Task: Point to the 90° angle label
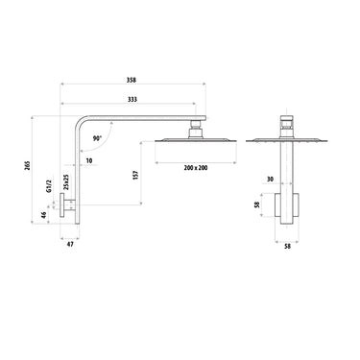(x=98, y=138)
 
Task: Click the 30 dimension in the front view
(x=272, y=179)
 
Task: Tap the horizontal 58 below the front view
(x=287, y=246)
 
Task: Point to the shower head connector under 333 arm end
(x=195, y=126)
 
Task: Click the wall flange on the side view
(x=70, y=207)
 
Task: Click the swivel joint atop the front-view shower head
(x=287, y=126)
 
